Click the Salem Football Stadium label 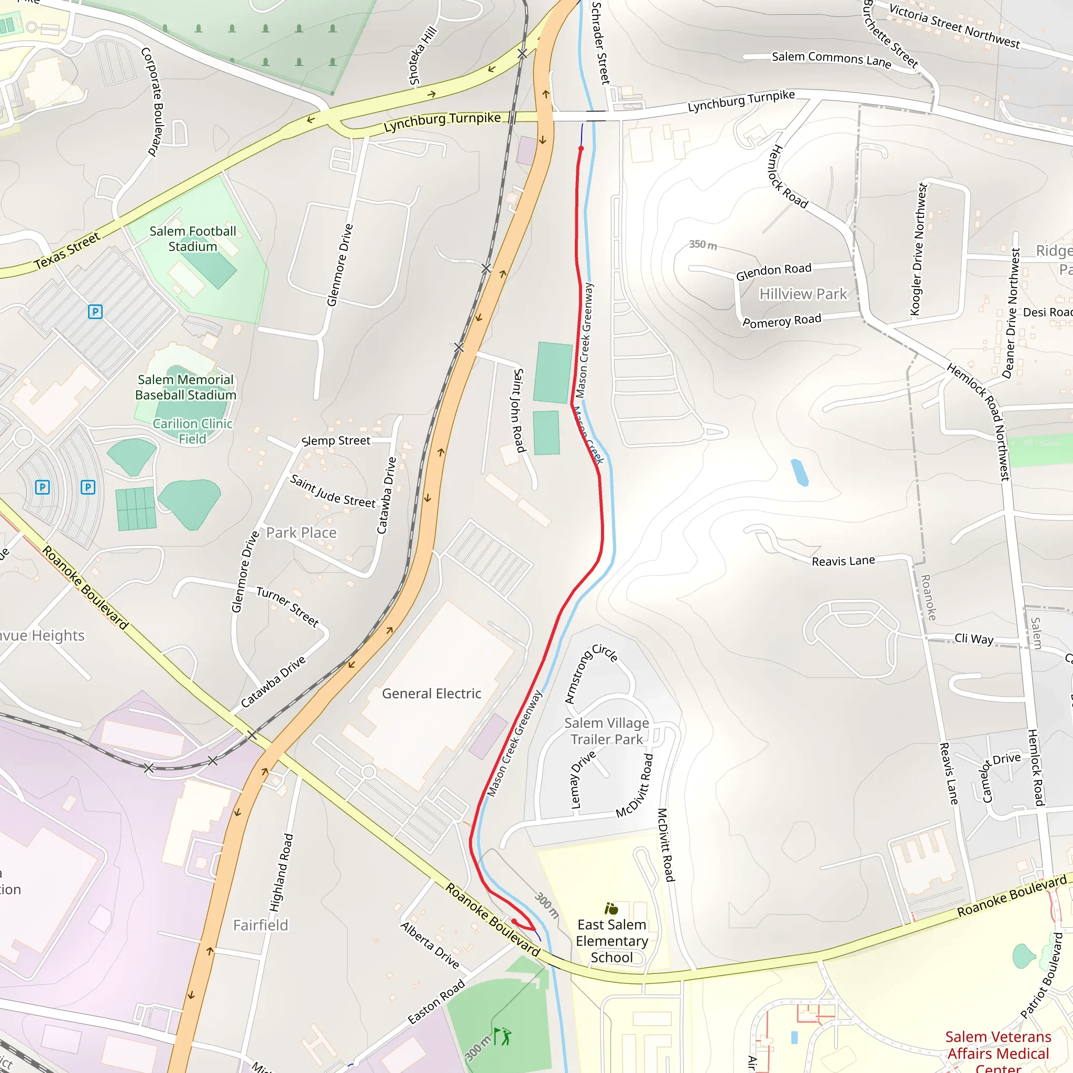click(193, 239)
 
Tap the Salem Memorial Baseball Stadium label click(185, 387)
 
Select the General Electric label click(432, 694)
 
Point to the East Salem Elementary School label click(611, 941)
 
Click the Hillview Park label click(803, 294)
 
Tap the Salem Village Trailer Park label click(607, 731)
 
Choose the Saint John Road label click(518, 410)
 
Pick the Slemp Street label click(335, 441)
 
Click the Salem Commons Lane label click(831, 59)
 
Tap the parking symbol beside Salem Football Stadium click(95, 312)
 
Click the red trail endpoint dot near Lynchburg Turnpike click(581, 148)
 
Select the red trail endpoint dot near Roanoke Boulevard click(514, 922)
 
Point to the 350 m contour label click(703, 244)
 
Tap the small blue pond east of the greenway click(799, 472)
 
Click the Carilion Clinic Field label click(192, 431)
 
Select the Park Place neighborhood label click(301, 533)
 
